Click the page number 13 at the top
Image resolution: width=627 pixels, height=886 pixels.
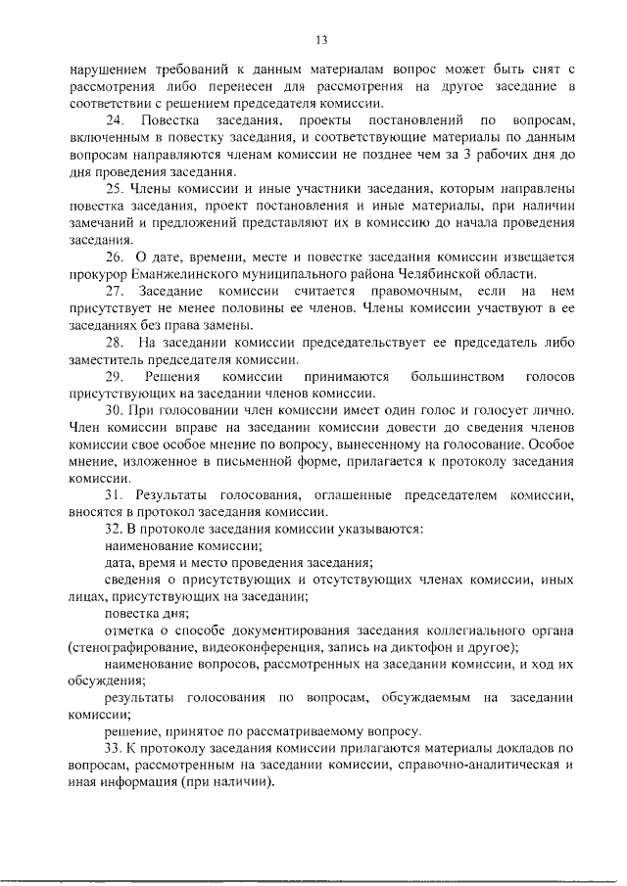point(319,39)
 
